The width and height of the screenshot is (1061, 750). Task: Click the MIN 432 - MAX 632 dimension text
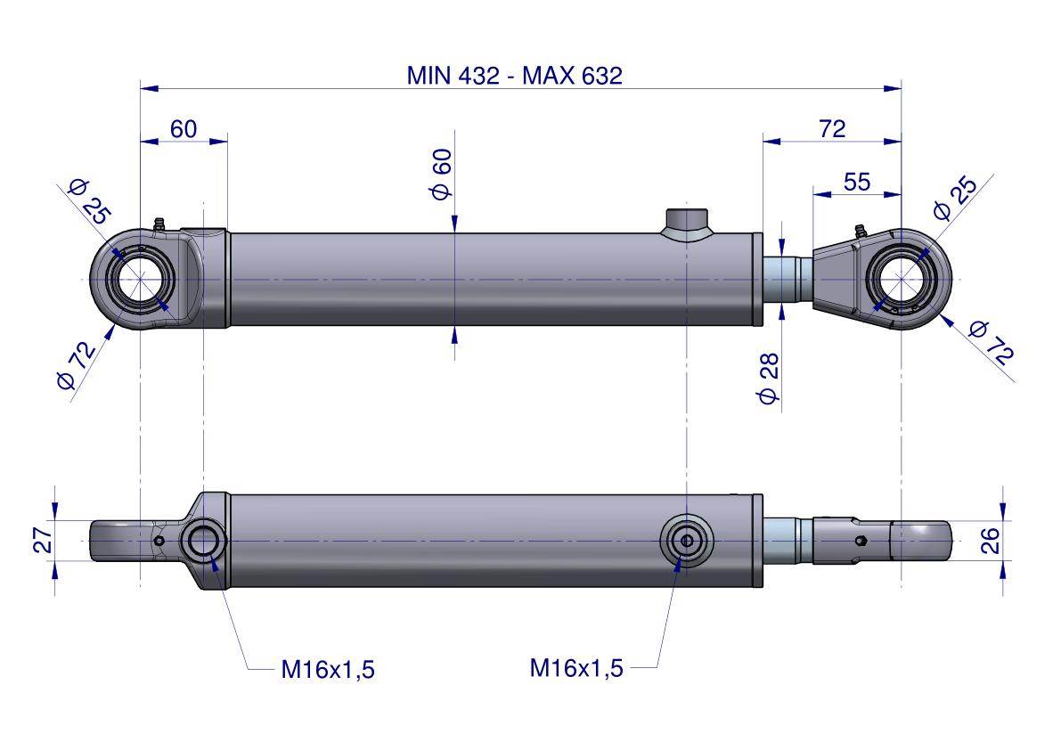[514, 75]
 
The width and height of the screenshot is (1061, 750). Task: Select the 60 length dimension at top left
[184, 129]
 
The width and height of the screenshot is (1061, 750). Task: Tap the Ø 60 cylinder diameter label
[442, 175]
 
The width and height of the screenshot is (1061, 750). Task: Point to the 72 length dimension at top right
[831, 129]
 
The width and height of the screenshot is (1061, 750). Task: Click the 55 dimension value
[856, 182]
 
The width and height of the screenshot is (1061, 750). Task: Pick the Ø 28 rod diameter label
[768, 379]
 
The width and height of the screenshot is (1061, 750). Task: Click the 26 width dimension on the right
[991, 541]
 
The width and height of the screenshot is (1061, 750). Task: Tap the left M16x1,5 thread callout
[328, 670]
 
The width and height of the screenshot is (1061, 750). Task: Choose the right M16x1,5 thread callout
[576, 667]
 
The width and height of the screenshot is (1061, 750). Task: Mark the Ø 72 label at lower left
[77, 366]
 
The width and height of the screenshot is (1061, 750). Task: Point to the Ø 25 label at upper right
[954, 198]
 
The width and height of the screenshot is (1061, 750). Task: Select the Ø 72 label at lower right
[991, 342]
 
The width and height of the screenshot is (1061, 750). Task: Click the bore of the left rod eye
[140, 280]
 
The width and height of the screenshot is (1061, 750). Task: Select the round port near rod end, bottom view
[686, 541]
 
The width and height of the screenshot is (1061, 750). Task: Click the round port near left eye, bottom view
[204, 541]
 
